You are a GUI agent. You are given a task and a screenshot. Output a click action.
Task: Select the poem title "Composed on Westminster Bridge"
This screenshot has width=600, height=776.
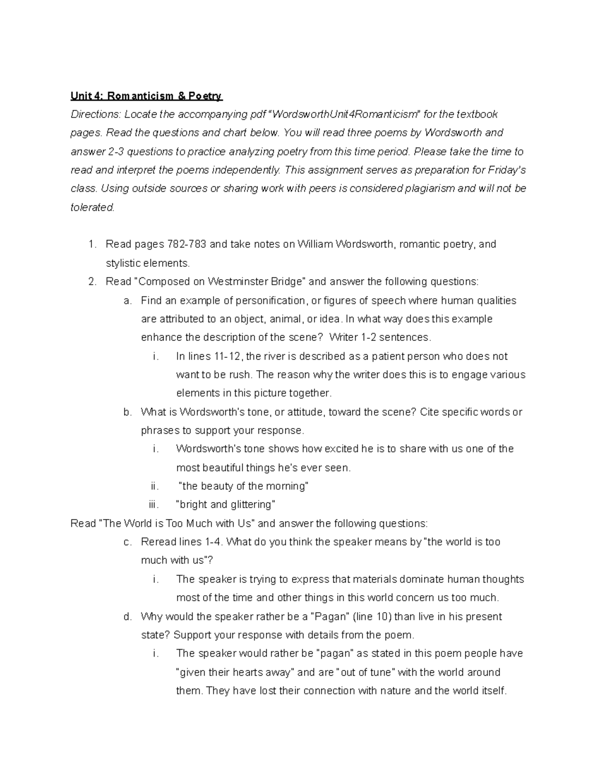point(220,281)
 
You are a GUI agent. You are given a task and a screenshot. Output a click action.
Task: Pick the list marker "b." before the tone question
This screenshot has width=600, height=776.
point(127,412)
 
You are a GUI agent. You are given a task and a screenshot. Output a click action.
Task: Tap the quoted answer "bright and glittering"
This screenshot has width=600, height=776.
point(225,504)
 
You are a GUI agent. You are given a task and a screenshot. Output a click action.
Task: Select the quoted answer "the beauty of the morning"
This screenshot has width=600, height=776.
point(243,486)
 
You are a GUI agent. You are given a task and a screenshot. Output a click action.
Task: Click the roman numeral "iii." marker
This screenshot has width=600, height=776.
point(153,504)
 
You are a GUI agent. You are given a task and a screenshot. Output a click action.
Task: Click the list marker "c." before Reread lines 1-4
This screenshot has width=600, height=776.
point(127,542)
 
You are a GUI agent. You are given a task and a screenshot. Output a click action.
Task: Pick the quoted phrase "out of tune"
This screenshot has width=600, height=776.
point(366,672)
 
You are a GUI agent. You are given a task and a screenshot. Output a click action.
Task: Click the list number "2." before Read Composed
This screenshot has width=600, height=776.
point(92,281)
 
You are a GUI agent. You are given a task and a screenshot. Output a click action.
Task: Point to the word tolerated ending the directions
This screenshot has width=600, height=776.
point(92,207)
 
